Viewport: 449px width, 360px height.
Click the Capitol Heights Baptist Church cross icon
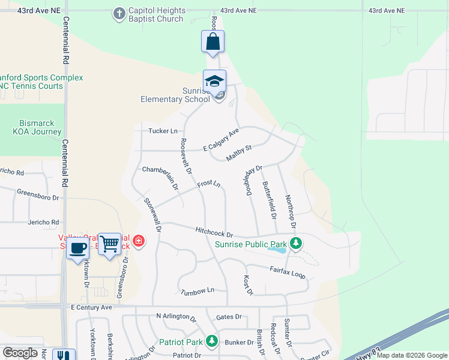tap(119, 13)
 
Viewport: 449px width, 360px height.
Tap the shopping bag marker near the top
tap(212, 42)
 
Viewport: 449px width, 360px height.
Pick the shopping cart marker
tap(109, 244)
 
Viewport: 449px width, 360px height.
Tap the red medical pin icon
tap(139, 241)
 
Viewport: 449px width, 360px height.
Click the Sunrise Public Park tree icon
tap(295, 244)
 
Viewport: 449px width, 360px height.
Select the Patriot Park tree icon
tap(211, 341)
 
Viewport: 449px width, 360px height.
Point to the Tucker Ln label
tap(163, 131)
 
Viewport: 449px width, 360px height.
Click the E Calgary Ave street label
tap(221, 140)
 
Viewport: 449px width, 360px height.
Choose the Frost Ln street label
tap(209, 183)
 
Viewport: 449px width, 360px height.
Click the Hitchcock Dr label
tap(214, 231)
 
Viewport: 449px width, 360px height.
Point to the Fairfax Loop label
tap(288, 272)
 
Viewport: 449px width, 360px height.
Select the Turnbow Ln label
tap(197, 291)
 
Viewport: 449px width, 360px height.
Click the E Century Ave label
tap(91, 307)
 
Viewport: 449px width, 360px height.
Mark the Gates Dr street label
tap(229, 317)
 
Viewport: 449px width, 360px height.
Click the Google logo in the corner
tap(20, 353)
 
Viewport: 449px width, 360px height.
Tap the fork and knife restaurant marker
tap(63, 355)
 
